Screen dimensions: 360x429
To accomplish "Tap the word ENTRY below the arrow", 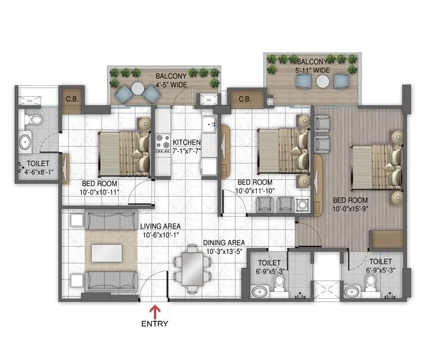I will (x=154, y=323).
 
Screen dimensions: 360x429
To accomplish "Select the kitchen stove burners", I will (x=163, y=143).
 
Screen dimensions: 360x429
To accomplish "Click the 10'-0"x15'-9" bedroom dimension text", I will (x=350, y=208).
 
